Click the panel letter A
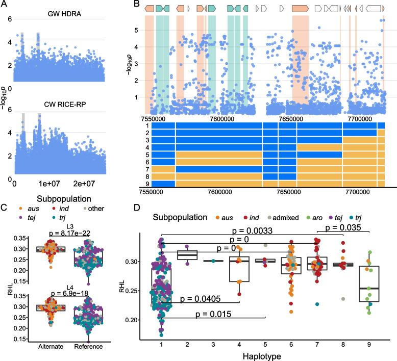tap(5, 5)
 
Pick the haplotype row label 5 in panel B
tap(146, 154)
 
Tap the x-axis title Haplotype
tap(267, 353)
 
